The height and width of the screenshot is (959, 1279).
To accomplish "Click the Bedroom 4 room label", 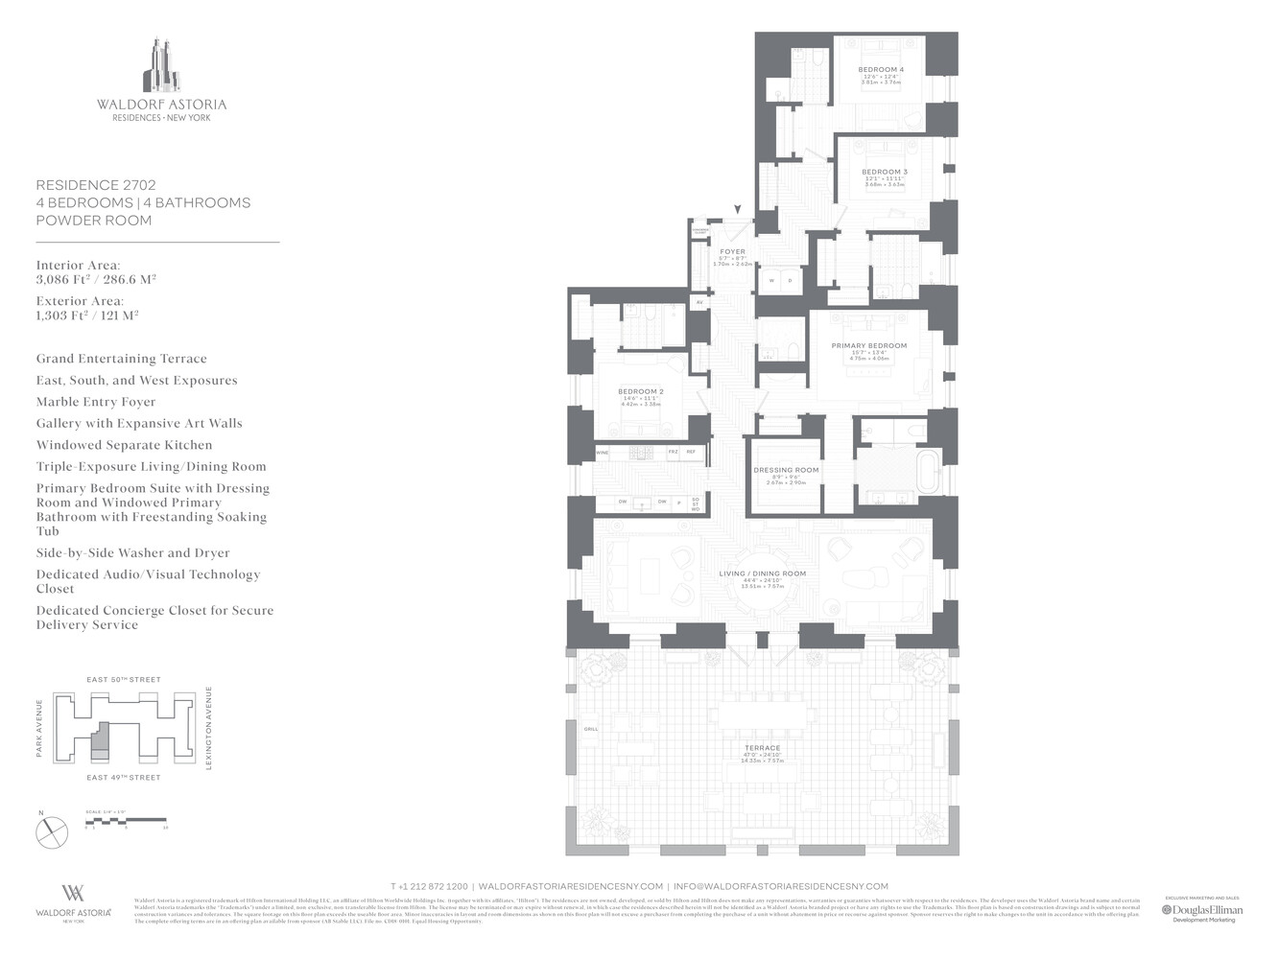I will point(880,70).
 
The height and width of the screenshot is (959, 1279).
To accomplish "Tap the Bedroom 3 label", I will point(884,173).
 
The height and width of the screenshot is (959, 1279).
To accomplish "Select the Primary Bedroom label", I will point(868,346).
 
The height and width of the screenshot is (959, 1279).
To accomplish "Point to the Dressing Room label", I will point(786,471).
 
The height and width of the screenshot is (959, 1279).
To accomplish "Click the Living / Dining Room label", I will point(762,573).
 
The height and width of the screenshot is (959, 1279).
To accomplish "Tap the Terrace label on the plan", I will point(762,748).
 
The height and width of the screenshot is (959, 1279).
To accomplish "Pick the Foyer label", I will point(732,252).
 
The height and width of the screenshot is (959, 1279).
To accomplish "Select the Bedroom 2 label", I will point(640,391).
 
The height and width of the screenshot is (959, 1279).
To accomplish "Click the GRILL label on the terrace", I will point(591,729).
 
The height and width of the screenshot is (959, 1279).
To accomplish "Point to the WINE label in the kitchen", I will point(603,453).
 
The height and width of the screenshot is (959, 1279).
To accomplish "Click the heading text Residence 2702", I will point(96,185).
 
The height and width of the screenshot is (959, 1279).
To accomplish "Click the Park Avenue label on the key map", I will point(39,728).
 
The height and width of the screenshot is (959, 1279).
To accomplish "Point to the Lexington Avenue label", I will point(208,728).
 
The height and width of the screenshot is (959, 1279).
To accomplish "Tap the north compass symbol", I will point(52,831).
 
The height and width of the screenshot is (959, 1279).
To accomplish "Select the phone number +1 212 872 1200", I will point(429,886).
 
